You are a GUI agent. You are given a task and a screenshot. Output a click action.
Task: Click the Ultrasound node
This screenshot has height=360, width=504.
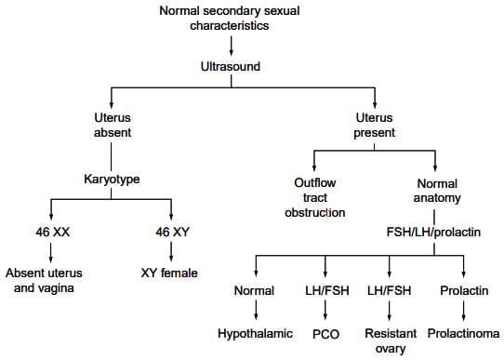[x=230, y=67]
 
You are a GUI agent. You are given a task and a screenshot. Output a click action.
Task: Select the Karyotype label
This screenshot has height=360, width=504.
[x=112, y=179]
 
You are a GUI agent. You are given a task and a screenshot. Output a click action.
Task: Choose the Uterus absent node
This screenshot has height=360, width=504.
[x=112, y=126]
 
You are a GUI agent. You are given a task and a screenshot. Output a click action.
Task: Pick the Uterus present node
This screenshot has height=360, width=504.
[x=375, y=126]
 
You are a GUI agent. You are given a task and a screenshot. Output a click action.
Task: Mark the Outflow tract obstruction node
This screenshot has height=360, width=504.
[x=315, y=198]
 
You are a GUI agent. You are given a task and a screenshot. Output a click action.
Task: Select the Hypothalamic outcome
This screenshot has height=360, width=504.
[x=254, y=332]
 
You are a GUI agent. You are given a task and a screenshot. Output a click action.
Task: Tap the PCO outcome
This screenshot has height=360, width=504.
[x=325, y=332]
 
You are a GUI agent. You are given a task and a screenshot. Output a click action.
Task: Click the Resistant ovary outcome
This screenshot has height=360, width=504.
[x=390, y=340]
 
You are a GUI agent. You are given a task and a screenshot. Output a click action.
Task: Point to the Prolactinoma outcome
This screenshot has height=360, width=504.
[x=464, y=332]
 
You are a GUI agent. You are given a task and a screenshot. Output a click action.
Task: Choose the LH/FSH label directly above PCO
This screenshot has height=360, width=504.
[x=325, y=290]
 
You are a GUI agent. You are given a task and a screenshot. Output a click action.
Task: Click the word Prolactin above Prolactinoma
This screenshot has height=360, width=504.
[x=464, y=290]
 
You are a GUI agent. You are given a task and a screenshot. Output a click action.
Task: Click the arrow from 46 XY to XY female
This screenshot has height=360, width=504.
[x=172, y=252]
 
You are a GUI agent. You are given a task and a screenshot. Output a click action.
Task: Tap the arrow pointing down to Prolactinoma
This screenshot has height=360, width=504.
[x=464, y=311]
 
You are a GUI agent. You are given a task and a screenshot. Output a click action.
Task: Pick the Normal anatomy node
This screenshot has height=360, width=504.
[x=436, y=191]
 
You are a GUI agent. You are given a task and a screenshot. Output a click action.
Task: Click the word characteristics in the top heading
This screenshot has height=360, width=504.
[x=230, y=26]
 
